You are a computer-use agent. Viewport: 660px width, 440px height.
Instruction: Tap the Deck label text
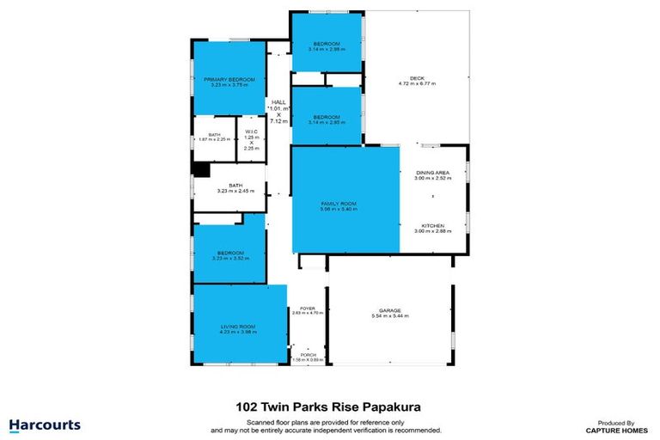pyautogui.click(x=417, y=78)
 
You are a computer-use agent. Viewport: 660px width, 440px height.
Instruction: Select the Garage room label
pyautogui.click(x=390, y=310)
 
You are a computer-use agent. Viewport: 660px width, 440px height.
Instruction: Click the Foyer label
pyautogui.click(x=308, y=309)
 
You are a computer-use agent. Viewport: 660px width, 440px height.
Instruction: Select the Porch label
pyautogui.click(x=308, y=354)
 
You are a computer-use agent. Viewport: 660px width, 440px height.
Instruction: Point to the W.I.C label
pyautogui.click(x=251, y=131)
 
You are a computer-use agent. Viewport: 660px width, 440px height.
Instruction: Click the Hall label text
pyautogui.click(x=278, y=101)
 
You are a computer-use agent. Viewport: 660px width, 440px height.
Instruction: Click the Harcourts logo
pyautogui.click(x=45, y=425)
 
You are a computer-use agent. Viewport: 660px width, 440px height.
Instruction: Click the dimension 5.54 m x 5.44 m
pyautogui.click(x=390, y=316)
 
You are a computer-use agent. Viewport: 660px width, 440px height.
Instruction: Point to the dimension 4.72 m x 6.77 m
pyautogui.click(x=417, y=84)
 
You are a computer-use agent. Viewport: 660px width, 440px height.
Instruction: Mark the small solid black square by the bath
pyautogui.click(x=200, y=170)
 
